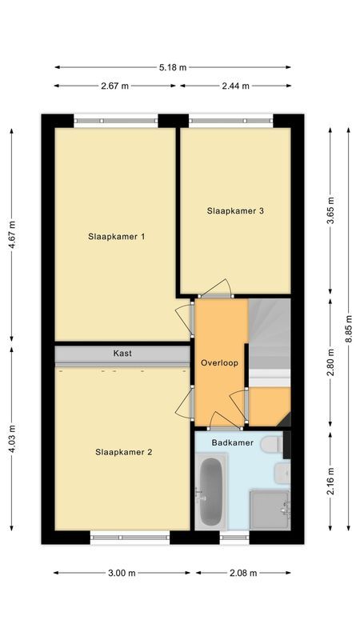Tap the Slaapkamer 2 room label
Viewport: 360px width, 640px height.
pyautogui.click(x=123, y=452)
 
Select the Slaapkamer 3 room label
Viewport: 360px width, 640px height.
pyautogui.click(x=235, y=211)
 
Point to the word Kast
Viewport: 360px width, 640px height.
pyautogui.click(x=122, y=353)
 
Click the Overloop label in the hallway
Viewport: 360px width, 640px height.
pyautogui.click(x=220, y=362)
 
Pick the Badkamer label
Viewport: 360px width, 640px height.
pyautogui.click(x=233, y=442)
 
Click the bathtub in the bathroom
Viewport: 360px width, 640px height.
pyautogui.click(x=210, y=492)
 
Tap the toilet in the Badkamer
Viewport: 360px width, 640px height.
pyautogui.click(x=271, y=443)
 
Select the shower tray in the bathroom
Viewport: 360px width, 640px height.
pyautogui.click(x=269, y=509)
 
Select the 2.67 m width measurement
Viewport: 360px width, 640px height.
pyautogui.click(x=115, y=86)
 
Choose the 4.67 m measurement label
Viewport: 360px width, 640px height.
pyautogui.click(x=11, y=236)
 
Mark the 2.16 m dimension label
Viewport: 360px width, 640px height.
pyautogui.click(x=330, y=480)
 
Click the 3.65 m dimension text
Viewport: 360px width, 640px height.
pyautogui.click(x=330, y=211)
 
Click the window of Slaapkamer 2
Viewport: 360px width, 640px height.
pyautogui.click(x=130, y=538)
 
